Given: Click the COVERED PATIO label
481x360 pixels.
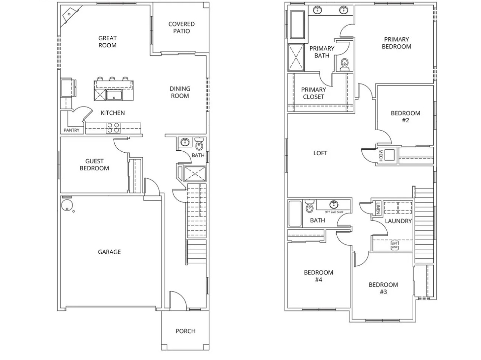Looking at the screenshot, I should click(x=181, y=28).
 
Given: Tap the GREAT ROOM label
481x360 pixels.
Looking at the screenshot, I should click(x=107, y=41).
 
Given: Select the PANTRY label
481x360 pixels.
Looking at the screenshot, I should click(x=71, y=130).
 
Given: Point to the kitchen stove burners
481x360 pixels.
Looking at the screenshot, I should click(x=113, y=128).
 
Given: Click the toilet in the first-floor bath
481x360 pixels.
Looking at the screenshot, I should click(x=199, y=143).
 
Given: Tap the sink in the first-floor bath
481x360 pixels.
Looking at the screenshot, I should click(x=185, y=142).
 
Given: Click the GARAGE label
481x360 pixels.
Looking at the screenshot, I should click(x=109, y=252).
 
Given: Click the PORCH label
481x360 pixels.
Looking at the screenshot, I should click(x=185, y=331).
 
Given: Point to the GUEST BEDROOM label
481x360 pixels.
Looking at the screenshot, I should click(x=94, y=165).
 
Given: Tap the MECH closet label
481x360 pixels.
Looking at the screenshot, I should click(x=381, y=155).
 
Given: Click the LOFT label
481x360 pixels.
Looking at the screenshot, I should click(x=320, y=153).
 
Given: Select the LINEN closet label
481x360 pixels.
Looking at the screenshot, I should click(x=378, y=208).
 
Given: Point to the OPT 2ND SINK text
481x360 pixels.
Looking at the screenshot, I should click(x=333, y=212).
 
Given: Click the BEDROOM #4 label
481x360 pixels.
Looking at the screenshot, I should click(x=318, y=276).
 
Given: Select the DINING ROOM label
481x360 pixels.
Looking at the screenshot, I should click(x=180, y=92).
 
